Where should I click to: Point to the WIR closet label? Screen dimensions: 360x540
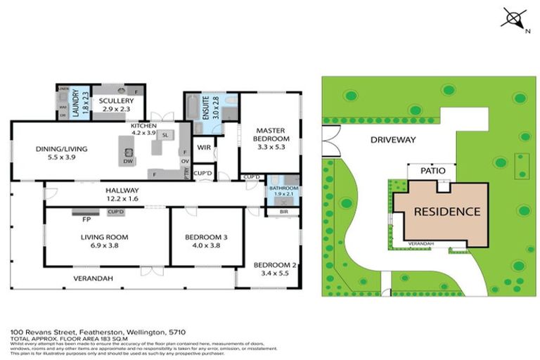click(205, 148)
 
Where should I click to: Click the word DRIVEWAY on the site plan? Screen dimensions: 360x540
click(394, 140)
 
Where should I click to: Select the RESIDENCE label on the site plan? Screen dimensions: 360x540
click(446, 211)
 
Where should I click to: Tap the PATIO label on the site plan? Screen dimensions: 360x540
click(432, 170)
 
